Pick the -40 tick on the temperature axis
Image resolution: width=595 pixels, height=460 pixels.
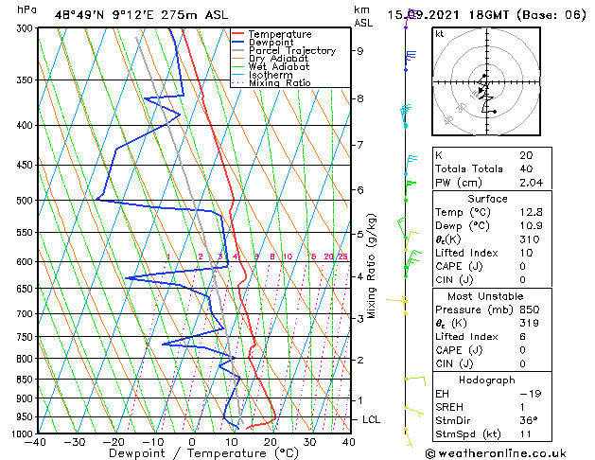click(x=37, y=442)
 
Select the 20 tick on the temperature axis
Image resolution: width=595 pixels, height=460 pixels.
click(x=270, y=442)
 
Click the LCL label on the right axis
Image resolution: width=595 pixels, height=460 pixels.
click(x=372, y=419)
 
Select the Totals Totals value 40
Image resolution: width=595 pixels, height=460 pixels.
click(x=526, y=168)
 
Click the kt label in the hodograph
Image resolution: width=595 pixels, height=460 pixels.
click(x=440, y=33)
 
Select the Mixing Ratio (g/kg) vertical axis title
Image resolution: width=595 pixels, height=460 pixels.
click(x=372, y=266)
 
